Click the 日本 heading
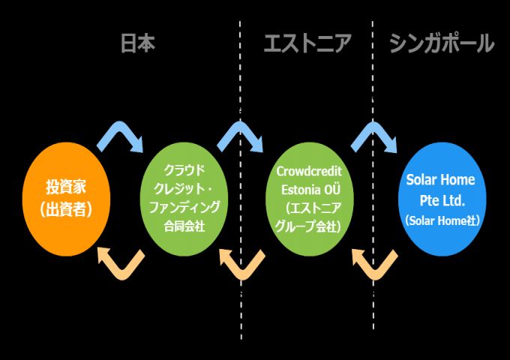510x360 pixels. pyautogui.click(x=138, y=44)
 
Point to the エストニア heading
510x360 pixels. pyautogui.click(x=307, y=44)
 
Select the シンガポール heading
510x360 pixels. pyautogui.click(x=442, y=44)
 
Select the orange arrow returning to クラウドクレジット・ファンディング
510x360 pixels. pyautogui.click(x=241, y=262)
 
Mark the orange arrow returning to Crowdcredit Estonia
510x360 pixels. pyautogui.click(x=373, y=262)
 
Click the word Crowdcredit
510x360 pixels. pyautogui.click(x=309, y=172)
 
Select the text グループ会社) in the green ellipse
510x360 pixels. pyautogui.click(x=309, y=224)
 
